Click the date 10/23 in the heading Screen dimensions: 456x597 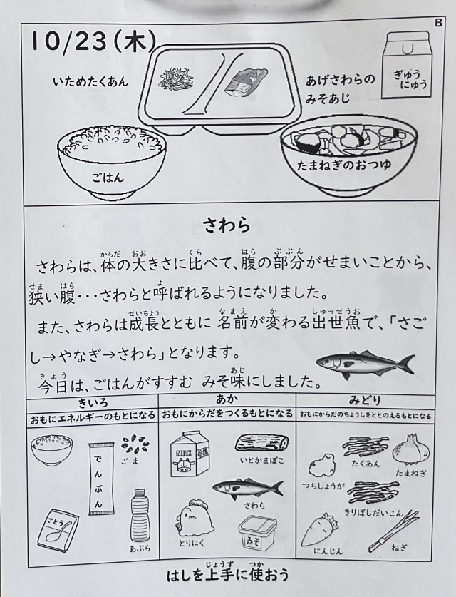pos(68,41)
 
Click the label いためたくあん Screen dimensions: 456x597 pos(91,81)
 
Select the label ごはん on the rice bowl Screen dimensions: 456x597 pos(108,177)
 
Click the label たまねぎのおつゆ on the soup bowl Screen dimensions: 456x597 pos(344,165)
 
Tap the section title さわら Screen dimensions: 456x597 pos(227,225)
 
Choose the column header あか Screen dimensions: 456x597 pos(227,399)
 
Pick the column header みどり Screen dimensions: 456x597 pos(365,400)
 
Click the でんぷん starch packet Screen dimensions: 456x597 pos(102,478)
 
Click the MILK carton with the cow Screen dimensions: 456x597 pos(190,454)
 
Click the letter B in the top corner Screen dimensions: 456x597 pos(438,23)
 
